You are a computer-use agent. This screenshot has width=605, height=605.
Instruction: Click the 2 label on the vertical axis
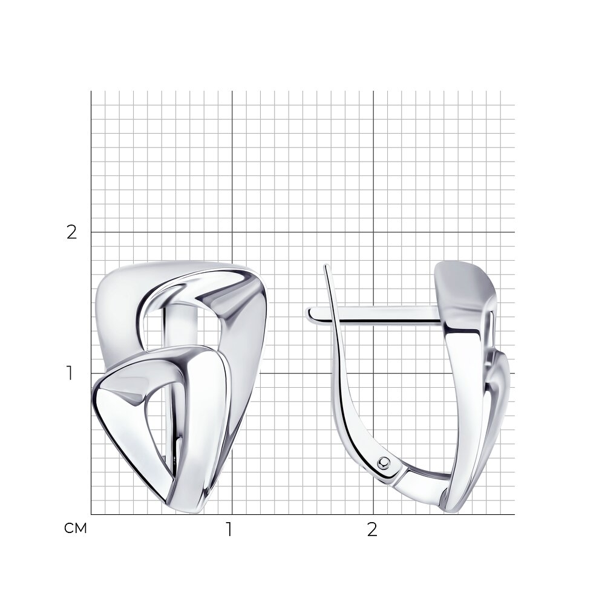coord(72,232)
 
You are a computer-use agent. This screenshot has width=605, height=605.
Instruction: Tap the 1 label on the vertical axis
coord(70,373)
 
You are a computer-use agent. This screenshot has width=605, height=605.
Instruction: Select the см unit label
coord(76,529)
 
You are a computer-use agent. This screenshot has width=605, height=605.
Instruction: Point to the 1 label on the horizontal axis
coord(229,530)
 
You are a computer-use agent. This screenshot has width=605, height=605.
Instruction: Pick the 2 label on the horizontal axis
coord(372,530)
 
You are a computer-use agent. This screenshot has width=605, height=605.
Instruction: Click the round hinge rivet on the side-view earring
coord(384,462)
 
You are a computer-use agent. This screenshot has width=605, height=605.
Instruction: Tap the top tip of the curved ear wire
coord(326,266)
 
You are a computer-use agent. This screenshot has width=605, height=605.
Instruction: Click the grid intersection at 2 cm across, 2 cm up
coord(373,232)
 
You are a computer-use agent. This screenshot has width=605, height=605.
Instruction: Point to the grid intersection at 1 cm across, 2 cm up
coord(232,232)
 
